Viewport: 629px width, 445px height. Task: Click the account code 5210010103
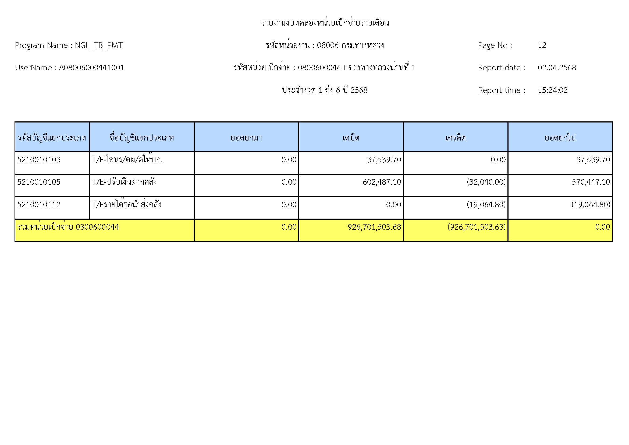pyautogui.click(x=39, y=160)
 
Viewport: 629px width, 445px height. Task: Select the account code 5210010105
pyautogui.click(x=39, y=182)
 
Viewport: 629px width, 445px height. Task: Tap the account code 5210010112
pyautogui.click(x=39, y=205)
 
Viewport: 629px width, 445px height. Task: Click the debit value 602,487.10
pyautogui.click(x=382, y=182)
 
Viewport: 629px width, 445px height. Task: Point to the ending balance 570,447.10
pyautogui.click(x=591, y=182)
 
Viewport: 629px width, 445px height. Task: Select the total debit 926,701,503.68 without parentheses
pyautogui.click(x=374, y=227)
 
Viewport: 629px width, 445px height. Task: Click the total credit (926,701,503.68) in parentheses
pyautogui.click(x=477, y=227)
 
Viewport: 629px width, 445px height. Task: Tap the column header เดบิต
pyautogui.click(x=351, y=137)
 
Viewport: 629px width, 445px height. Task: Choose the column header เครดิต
pyautogui.click(x=455, y=137)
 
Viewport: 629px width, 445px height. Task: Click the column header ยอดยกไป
pyautogui.click(x=560, y=137)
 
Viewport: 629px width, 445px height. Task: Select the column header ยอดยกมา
pyautogui.click(x=246, y=137)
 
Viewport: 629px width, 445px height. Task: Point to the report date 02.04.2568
pyautogui.click(x=557, y=68)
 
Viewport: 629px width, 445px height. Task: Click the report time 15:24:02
pyautogui.click(x=553, y=90)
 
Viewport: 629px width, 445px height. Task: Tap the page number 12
pyautogui.click(x=542, y=45)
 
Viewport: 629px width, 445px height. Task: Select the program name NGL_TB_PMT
pyautogui.click(x=99, y=45)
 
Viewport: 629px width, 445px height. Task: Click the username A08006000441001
pyautogui.click(x=91, y=68)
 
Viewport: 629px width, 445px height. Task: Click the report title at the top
pyautogui.click(x=325, y=23)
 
